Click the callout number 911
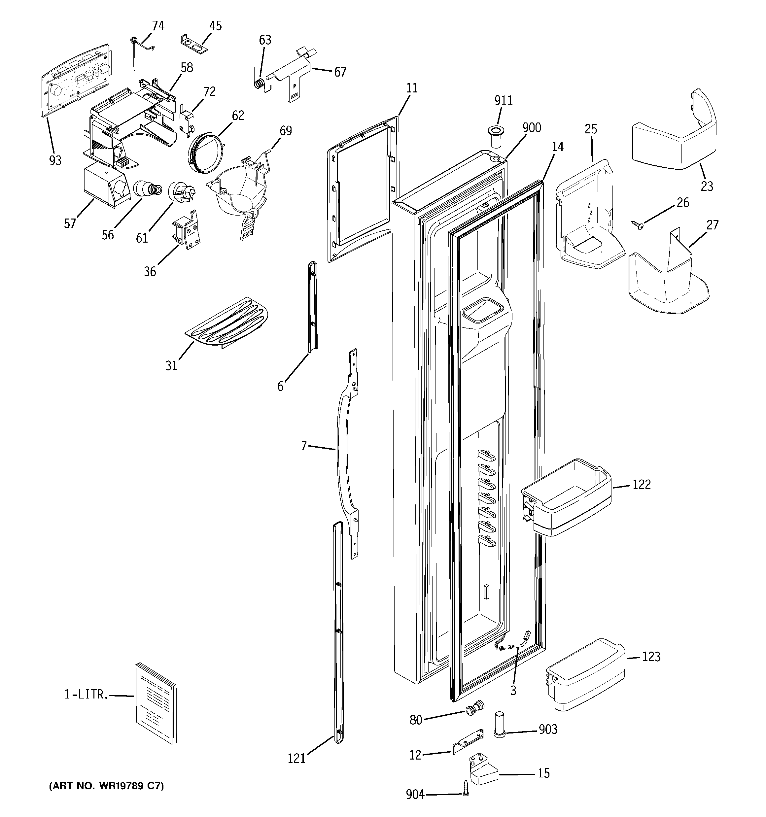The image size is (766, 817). click(x=503, y=101)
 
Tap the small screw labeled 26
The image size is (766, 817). click(x=638, y=225)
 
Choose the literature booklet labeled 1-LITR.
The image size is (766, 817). click(x=156, y=703)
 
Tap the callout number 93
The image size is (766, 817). click(x=55, y=161)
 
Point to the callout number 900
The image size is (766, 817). click(x=531, y=128)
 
